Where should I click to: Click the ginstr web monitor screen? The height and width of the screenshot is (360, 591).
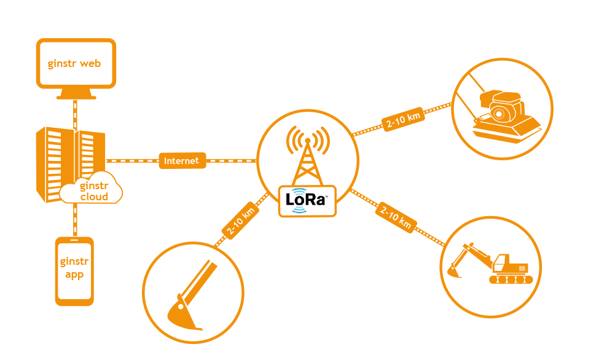(76, 63)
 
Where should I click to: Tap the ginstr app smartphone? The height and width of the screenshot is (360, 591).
(74, 271)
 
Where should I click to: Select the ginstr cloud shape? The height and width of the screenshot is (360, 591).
(93, 191)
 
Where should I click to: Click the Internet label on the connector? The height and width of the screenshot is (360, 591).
(182, 161)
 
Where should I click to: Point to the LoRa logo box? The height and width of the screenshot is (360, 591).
(307, 200)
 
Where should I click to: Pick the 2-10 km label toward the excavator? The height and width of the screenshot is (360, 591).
(395, 217)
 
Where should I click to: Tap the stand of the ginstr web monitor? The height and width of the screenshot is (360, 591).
(76, 93)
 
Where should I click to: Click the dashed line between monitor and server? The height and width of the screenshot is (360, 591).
(76, 113)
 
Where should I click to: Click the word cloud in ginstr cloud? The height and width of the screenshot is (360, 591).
(95, 197)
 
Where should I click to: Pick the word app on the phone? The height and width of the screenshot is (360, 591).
(74, 275)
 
